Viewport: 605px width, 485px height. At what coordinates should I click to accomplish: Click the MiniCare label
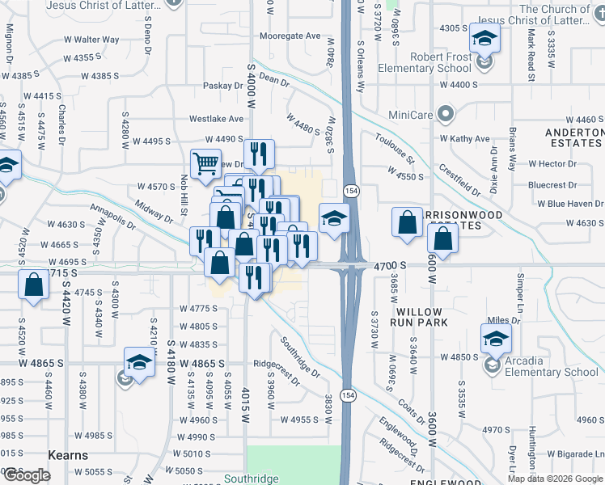[x=411, y=115]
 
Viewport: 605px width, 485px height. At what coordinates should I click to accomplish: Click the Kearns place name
[x=68, y=455]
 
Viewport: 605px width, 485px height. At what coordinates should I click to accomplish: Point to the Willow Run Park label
[x=419, y=317]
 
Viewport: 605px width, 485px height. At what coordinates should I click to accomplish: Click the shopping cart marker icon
[x=205, y=163]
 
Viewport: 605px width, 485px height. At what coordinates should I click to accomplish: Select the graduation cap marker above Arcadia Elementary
[x=496, y=336]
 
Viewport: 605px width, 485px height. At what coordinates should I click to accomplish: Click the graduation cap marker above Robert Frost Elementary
[x=484, y=37]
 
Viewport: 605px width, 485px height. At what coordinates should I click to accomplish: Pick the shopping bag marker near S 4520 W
[x=33, y=285]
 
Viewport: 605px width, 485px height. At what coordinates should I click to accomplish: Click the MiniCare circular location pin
[x=443, y=114]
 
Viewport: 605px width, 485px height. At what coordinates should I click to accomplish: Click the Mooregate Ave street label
[x=292, y=36]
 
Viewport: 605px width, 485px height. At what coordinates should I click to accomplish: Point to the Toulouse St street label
[x=396, y=148]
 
